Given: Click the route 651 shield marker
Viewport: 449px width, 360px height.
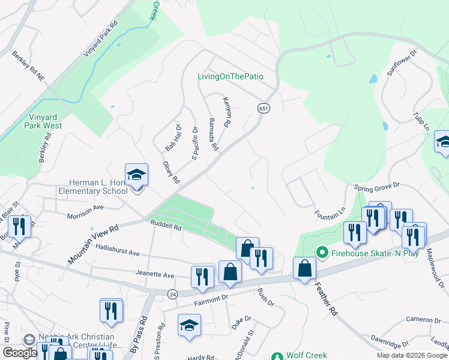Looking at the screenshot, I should pyautogui.click(x=263, y=108).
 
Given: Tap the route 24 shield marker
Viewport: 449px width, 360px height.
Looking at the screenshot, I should pyautogui.click(x=172, y=293).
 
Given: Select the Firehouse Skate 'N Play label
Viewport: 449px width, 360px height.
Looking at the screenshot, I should pyautogui.click(x=367, y=253).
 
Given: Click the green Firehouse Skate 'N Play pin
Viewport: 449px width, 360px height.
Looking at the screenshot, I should pyautogui.click(x=322, y=253).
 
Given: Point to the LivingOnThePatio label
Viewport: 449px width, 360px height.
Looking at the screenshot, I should pyautogui.click(x=231, y=76).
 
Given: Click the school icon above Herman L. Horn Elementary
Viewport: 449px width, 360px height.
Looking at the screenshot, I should pyautogui.click(x=136, y=175).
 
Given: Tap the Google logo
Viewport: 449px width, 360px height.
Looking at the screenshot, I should pyautogui.click(x=20, y=353).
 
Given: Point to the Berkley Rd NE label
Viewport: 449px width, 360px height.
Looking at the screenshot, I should pyautogui.click(x=28, y=66).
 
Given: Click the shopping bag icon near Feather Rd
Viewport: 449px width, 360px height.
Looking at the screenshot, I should pyautogui.click(x=305, y=269).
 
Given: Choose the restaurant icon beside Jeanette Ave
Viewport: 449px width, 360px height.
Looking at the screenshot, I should pyautogui.click(x=202, y=276).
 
